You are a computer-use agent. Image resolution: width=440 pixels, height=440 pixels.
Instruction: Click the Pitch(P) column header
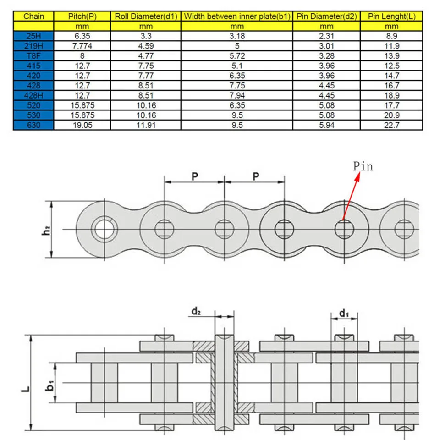82,16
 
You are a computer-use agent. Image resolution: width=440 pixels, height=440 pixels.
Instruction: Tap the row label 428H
33,95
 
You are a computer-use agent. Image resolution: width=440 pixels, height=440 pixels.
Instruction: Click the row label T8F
33,56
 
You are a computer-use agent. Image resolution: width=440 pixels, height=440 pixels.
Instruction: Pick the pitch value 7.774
82,46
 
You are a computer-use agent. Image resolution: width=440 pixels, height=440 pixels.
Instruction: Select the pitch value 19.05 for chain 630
82,125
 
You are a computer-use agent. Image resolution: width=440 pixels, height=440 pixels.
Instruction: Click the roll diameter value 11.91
146,125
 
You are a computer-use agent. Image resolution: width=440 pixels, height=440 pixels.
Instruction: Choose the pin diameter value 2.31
326,36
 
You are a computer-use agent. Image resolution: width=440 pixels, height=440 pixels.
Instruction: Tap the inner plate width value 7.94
237,95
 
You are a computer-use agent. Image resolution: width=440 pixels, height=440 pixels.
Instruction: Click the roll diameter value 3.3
146,36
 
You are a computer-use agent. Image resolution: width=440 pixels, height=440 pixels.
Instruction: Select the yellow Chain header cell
33,16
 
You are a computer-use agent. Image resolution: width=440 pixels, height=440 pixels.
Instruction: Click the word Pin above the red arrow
363,166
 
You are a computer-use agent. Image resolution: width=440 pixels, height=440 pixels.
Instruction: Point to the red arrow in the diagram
351,195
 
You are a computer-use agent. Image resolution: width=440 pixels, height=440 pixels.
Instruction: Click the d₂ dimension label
196,312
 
